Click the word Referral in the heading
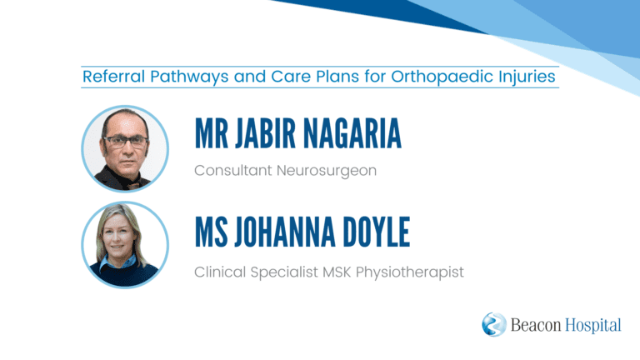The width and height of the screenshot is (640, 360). click(x=114, y=77)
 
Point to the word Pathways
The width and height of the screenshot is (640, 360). click(x=189, y=77)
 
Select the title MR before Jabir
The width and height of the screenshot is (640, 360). click(x=212, y=133)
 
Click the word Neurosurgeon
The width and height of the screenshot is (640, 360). click(x=327, y=171)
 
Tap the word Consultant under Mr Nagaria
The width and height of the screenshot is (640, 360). click(x=233, y=170)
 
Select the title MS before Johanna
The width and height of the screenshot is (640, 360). click(x=212, y=232)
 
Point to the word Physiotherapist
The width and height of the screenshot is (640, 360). click(x=410, y=272)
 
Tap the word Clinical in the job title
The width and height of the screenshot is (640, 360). click(x=220, y=272)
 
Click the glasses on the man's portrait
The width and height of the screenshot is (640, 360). click(x=125, y=142)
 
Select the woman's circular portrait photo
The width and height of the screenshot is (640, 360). click(x=125, y=245)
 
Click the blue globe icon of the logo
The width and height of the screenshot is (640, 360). click(x=494, y=324)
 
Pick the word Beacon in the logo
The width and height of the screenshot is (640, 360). click(x=536, y=325)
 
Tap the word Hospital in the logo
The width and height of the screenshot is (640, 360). click(x=593, y=326)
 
